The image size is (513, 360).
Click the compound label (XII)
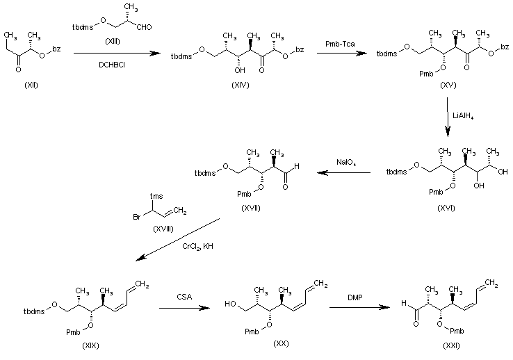point(31,85)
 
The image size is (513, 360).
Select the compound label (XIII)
point(112,41)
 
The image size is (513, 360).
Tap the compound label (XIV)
point(241,85)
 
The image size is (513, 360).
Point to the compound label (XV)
point(448,85)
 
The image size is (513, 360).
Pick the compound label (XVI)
point(446,208)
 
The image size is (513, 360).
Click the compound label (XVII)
point(251,208)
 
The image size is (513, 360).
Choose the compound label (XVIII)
point(163,229)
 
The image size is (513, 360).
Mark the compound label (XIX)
point(90,345)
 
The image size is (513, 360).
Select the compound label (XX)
point(281,343)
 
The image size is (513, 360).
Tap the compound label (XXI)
point(451,345)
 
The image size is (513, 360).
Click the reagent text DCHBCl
point(112,65)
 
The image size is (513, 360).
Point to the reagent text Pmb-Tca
point(340,44)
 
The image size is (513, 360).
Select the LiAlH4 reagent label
point(463,116)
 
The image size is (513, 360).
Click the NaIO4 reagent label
point(347,162)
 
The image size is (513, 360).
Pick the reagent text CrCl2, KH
point(197,246)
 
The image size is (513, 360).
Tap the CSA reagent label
point(184,297)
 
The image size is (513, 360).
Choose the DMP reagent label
point(355,297)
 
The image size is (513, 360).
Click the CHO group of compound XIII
point(144,27)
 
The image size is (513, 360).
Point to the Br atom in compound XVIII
point(137,217)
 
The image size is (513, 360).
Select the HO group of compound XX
point(230,304)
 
